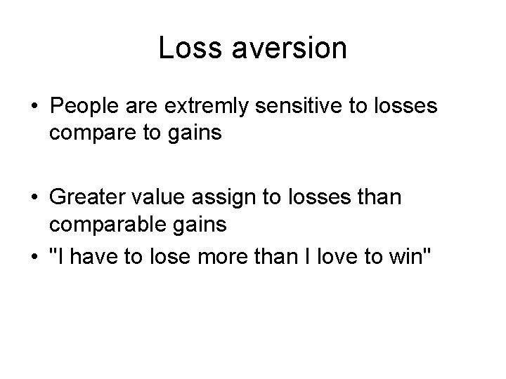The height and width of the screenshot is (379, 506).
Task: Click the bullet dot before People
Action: point(34,107)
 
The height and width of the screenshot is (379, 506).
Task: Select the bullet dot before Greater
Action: point(34,199)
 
